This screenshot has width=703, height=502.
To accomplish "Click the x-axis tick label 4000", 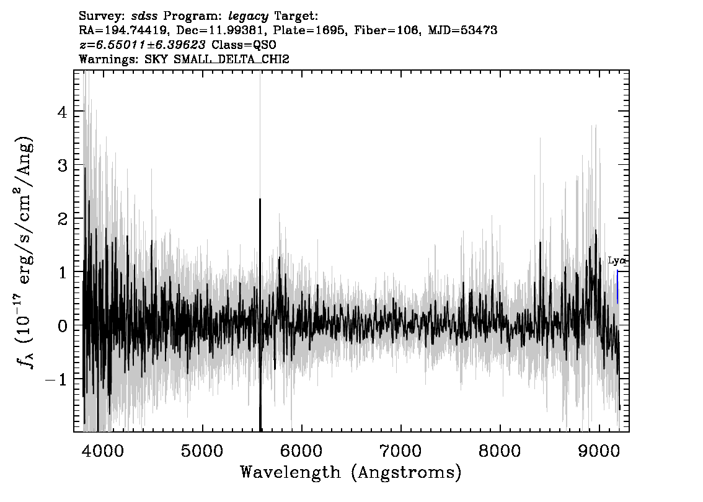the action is click(x=103, y=451).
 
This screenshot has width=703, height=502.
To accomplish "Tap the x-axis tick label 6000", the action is click(x=301, y=451).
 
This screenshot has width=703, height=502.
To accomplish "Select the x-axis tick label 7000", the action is click(x=400, y=451).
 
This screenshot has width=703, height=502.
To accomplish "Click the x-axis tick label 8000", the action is click(x=500, y=451).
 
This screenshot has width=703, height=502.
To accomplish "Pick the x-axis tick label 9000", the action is click(x=599, y=451).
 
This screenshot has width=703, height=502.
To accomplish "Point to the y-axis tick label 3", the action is click(x=63, y=165).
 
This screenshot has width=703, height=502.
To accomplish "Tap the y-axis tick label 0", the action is click(x=63, y=326).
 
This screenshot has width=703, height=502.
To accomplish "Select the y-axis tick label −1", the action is click(x=57, y=380).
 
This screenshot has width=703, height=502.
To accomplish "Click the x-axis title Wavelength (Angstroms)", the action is click(x=351, y=472).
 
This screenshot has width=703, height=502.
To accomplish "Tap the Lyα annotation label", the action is click(x=617, y=260).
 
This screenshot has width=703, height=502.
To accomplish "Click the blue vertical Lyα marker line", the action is click(x=617, y=287).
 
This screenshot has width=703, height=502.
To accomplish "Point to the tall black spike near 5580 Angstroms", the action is click(x=260, y=314).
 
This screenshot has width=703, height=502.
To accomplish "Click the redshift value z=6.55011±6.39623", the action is click(x=142, y=45).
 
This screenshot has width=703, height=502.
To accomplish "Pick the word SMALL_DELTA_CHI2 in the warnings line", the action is click(x=231, y=59).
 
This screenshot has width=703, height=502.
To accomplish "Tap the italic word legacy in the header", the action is click(x=249, y=17).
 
